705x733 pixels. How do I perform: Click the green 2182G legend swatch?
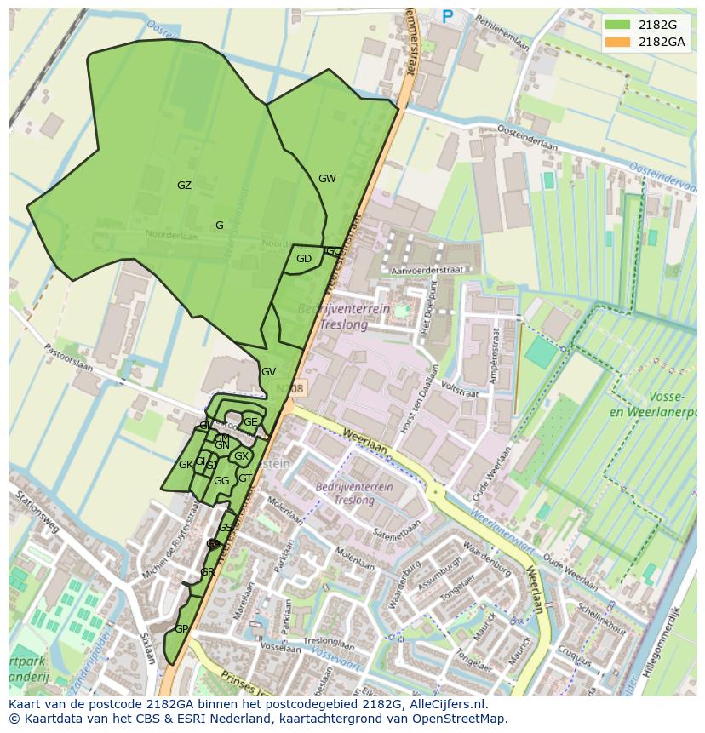pyautogui.click(x=618, y=25)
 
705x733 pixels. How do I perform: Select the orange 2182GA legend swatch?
pyautogui.click(x=618, y=42)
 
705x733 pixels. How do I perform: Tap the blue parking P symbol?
pyautogui.click(x=448, y=15)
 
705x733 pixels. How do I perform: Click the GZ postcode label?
pyautogui.click(x=184, y=186)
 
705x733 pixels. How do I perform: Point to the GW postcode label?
pyautogui.click(x=327, y=179)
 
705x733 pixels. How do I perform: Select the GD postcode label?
pyautogui.click(x=304, y=259)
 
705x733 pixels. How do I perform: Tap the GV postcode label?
pyautogui.click(x=268, y=372)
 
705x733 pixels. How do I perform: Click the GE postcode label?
pyautogui.click(x=250, y=421)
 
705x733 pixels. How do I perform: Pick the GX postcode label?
pyautogui.click(x=241, y=456)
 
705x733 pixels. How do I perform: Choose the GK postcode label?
pyautogui.click(x=186, y=465)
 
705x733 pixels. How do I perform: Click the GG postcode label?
pyautogui.click(x=221, y=481)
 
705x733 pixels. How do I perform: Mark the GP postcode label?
pyautogui.click(x=181, y=629)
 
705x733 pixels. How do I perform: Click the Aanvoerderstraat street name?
pyautogui.click(x=427, y=270)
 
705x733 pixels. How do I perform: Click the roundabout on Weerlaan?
pyautogui.click(x=435, y=491)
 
